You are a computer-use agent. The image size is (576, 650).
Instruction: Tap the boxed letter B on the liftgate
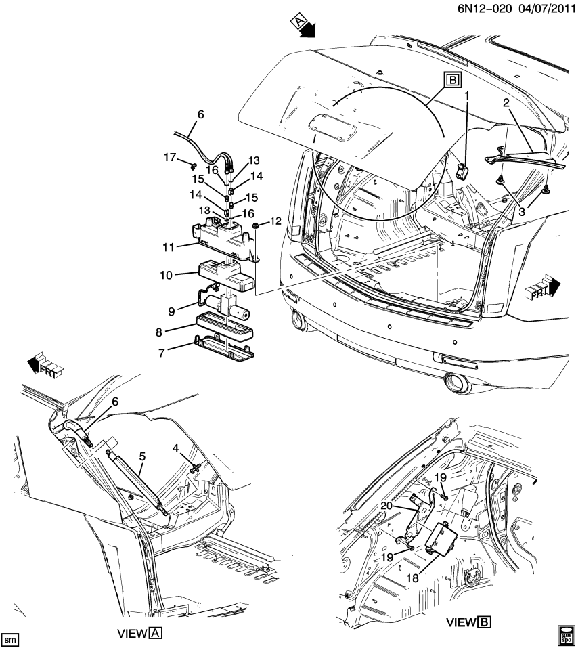point(452,81)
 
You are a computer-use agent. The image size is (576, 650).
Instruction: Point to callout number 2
point(505,103)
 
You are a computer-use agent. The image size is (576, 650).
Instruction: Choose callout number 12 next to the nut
point(275,221)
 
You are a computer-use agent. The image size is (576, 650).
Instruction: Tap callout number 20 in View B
point(386,506)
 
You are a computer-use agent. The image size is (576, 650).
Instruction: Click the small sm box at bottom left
point(9,639)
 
